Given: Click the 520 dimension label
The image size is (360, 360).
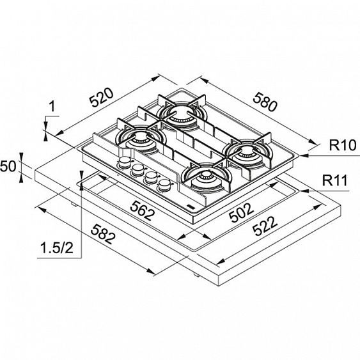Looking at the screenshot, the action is [102, 97].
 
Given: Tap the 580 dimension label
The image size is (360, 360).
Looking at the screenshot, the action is [265, 102].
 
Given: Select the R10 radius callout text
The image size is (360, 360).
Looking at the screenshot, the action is [343, 145].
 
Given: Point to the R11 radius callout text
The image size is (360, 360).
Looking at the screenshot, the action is [335, 180].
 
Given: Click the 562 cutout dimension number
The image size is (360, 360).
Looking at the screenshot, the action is [142, 210].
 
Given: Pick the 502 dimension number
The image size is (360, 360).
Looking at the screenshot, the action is [242, 213].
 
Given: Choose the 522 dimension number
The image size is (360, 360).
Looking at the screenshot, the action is [265, 226].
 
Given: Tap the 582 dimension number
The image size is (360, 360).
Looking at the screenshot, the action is [103, 235].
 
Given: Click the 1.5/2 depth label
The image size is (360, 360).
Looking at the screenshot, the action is [57, 248].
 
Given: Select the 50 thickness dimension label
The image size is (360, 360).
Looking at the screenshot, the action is [8, 166].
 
